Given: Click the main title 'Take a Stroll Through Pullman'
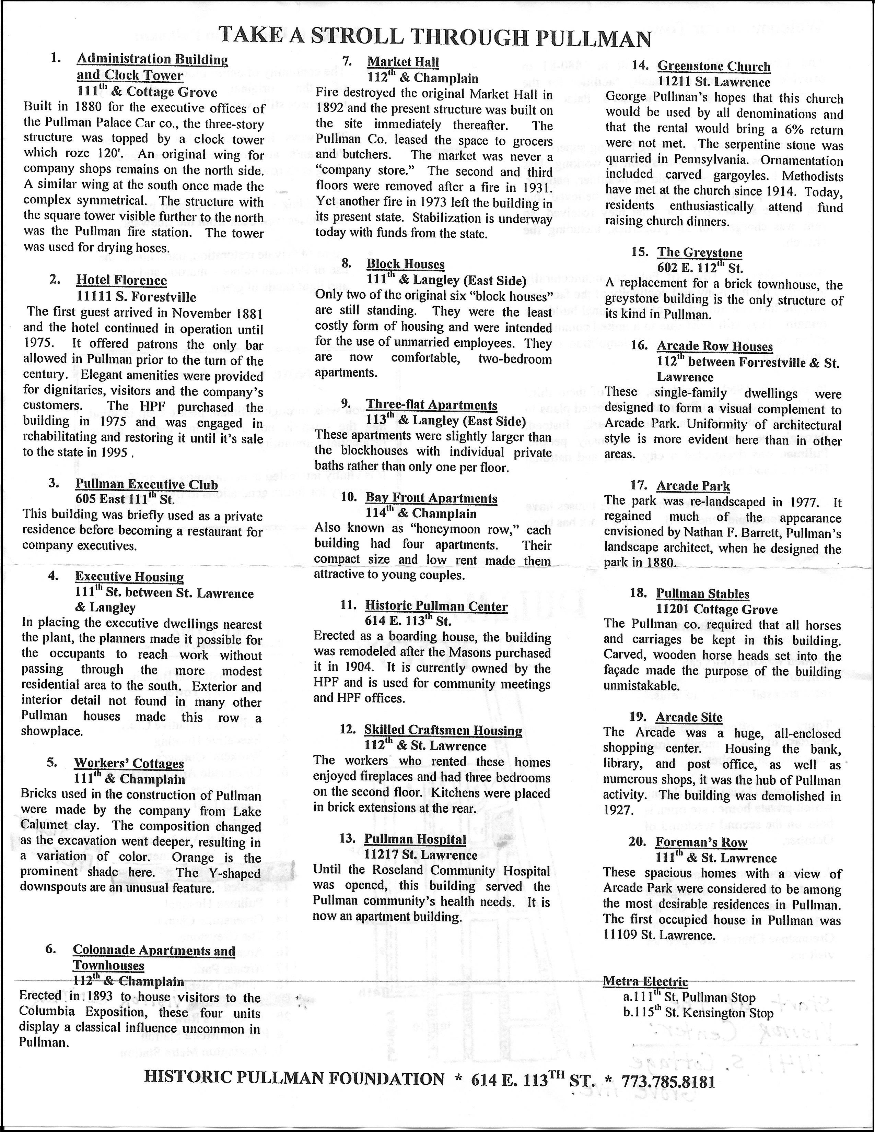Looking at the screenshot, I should coord(435,38).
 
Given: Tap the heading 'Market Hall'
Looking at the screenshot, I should coord(403,62).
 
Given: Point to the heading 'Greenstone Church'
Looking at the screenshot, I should coord(714,66).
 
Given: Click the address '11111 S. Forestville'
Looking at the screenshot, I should coord(136,297).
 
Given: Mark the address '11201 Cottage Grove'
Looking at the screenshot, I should coord(717,610).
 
